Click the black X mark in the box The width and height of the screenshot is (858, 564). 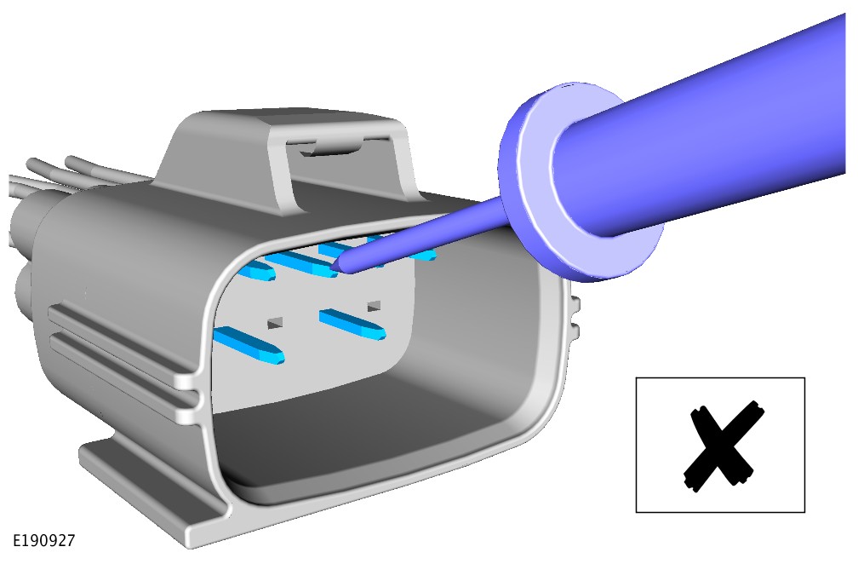coord(723,446)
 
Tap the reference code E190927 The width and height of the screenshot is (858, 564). coord(43,541)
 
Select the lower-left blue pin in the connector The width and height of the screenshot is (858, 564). coord(249,345)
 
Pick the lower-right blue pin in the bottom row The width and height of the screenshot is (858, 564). coord(353,324)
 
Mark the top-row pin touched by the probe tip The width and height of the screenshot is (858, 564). coord(301,264)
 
